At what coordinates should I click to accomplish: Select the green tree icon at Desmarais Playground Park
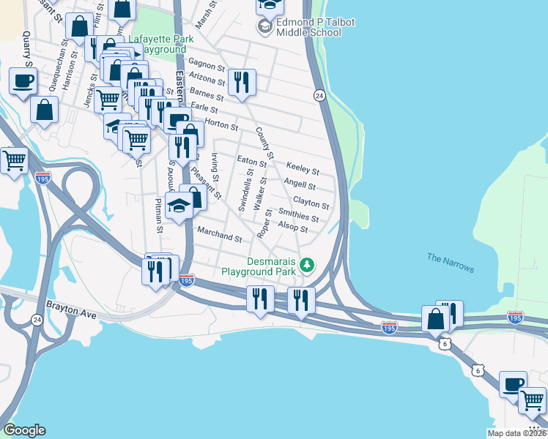[x=308, y=264]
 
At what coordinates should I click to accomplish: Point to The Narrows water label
[x=451, y=263]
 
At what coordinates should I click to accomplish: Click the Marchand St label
[x=219, y=236]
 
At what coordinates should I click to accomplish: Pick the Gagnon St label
[x=206, y=65]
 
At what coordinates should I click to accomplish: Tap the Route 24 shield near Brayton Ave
[x=37, y=319]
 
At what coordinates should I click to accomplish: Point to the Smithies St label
[x=298, y=214]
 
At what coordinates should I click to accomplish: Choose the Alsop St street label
[x=292, y=229]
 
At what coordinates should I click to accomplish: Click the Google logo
[x=24, y=430]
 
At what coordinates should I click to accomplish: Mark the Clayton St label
[x=311, y=202]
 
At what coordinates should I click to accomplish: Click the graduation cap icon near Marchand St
[x=179, y=206]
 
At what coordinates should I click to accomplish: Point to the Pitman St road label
[x=158, y=214]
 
